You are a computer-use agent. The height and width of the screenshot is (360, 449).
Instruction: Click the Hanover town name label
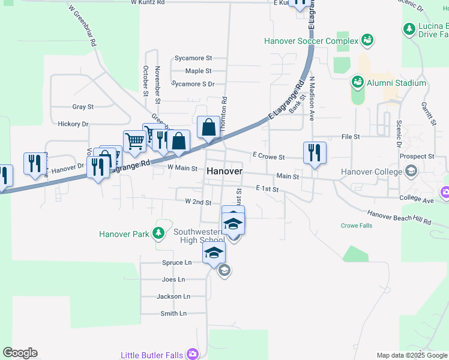[224, 171]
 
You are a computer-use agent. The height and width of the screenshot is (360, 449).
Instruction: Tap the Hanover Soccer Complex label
[312, 41]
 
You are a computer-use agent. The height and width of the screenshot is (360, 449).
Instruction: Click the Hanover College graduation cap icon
[411, 172]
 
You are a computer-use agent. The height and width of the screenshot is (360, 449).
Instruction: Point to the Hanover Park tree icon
[159, 233]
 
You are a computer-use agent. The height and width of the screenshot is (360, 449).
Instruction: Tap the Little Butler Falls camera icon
[192, 354]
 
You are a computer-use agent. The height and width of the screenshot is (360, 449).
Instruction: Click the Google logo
[20, 353]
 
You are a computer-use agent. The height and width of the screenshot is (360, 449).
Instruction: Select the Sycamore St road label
[193, 58]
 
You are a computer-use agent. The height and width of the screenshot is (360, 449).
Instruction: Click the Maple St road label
[198, 71]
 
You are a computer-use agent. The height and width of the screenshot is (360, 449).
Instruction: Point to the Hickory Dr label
[73, 124]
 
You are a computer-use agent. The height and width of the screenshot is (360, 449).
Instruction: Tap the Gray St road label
[83, 107]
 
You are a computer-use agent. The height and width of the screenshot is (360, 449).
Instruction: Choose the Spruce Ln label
[176, 263]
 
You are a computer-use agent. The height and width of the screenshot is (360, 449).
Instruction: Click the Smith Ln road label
[173, 313]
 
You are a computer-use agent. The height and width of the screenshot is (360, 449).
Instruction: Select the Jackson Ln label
[173, 296]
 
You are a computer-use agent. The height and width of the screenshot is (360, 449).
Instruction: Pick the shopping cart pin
[134, 142]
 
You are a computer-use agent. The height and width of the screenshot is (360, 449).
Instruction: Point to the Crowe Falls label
[357, 226]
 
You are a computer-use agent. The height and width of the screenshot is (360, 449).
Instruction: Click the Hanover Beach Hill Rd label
[399, 217]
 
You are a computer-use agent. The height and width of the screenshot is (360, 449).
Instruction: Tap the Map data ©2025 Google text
[411, 355]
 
